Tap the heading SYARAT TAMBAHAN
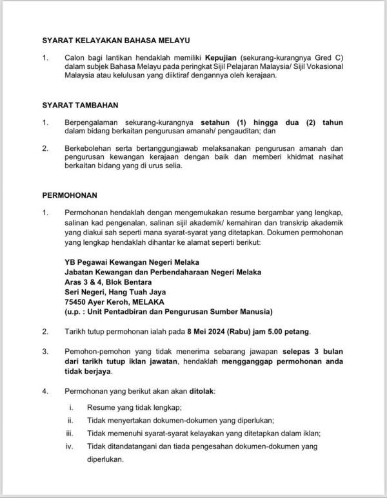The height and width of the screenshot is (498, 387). (x=81, y=104)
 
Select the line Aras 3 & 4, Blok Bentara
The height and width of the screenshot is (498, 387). (x=107, y=282)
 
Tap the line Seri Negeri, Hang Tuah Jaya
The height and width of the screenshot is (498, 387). (x=114, y=292)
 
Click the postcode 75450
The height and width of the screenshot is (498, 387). (x=77, y=302)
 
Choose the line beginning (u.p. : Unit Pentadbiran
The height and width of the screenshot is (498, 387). (x=168, y=312)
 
